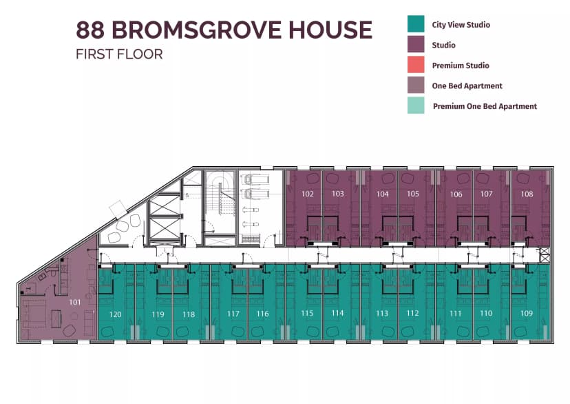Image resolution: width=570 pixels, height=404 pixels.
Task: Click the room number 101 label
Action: click(x=74, y=302)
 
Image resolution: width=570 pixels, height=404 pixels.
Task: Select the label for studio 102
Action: click(x=307, y=194)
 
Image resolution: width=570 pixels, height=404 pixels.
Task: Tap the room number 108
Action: click(x=527, y=194)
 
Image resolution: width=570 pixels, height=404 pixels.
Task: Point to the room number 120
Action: click(x=115, y=314)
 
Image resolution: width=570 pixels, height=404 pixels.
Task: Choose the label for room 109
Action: click(x=527, y=314)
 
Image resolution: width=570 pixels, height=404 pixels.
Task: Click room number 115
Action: click(x=307, y=314)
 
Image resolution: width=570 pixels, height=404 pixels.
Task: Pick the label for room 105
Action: click(x=412, y=194)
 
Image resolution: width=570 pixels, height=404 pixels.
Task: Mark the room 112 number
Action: click(x=412, y=314)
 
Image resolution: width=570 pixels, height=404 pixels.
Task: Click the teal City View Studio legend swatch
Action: click(x=416, y=24)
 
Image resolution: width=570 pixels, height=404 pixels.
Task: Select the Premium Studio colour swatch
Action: click(x=416, y=65)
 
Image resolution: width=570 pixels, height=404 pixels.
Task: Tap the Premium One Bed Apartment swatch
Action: click(x=416, y=105)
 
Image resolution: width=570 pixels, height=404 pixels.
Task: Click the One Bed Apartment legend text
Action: click(x=467, y=86)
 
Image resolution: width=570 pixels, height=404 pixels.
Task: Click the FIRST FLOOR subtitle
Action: click(x=119, y=54)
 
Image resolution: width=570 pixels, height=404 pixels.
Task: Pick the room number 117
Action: click(x=233, y=314)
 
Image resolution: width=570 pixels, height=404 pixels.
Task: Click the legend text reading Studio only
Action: click(x=443, y=45)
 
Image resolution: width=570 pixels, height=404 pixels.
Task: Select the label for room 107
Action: click(x=487, y=194)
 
